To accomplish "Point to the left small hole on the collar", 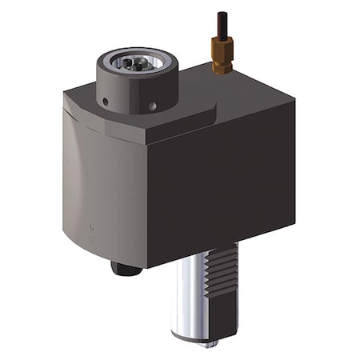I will (x=104, y=102).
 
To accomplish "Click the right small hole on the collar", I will (x=152, y=105).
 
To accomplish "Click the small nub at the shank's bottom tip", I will (x=211, y=343).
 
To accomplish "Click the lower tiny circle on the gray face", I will (x=92, y=239).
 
